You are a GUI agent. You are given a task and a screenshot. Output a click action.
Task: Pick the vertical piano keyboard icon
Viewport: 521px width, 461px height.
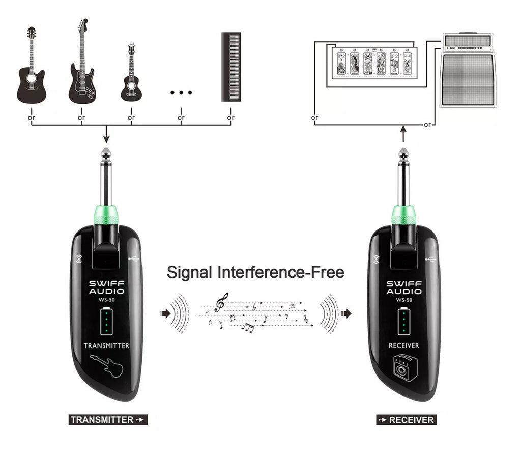coord(231,67)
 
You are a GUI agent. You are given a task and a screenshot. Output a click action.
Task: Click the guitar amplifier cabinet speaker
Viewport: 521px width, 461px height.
coord(468,80)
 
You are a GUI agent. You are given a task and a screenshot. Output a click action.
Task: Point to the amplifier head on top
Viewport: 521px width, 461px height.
coord(468,42)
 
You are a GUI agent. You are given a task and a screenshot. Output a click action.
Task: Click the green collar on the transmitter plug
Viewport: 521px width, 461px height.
coord(106,215)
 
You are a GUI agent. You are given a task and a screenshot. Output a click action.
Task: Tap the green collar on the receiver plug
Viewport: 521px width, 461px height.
coord(403,215)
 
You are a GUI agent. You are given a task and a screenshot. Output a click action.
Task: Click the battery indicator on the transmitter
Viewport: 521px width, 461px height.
coord(107,321)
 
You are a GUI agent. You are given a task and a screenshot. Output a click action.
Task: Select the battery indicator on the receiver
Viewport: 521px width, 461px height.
coord(403,321)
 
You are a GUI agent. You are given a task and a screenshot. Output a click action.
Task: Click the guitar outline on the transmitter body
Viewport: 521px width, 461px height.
coord(107,366)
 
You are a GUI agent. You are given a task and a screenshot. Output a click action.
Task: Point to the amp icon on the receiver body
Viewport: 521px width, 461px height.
coord(404,367)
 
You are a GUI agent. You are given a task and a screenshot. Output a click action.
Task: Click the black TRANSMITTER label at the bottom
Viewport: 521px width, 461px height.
coord(108,420)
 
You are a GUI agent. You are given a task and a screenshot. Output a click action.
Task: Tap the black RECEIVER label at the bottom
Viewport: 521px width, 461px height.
coord(407,420)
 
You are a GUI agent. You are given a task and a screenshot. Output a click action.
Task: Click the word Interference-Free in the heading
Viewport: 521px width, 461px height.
coord(281,272)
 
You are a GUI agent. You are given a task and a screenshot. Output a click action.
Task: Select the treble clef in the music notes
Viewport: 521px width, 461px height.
coord(221,302)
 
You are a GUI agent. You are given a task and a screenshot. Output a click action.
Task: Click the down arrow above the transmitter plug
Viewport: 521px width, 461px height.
coord(106,134)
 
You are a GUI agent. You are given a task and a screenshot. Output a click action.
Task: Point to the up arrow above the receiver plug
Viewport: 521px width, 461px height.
coord(403,134)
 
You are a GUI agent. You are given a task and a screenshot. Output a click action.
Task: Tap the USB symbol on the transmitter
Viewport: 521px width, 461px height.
coord(134,258)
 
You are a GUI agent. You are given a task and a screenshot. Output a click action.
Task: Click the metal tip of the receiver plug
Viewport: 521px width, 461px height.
coord(403,156)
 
